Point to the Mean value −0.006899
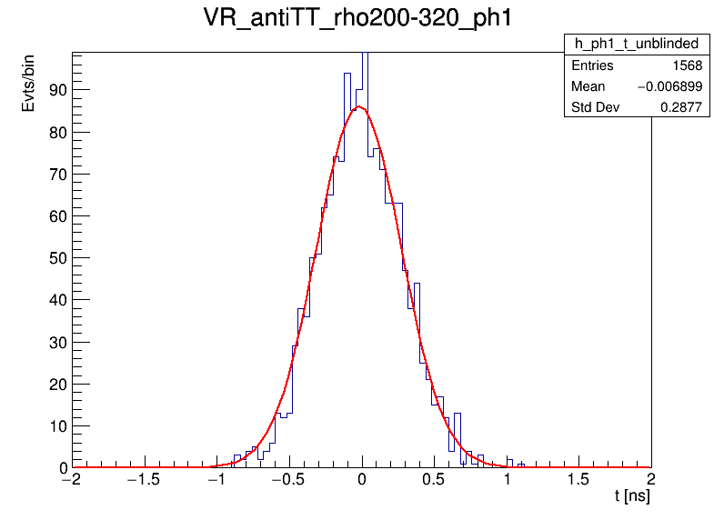[x=669, y=86]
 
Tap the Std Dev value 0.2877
[x=679, y=107]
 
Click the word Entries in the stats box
[x=592, y=65]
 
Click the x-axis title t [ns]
[x=632, y=497]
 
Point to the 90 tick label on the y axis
[x=56, y=90]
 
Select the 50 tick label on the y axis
[x=56, y=258]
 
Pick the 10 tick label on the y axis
[x=56, y=425]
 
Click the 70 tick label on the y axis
[x=56, y=174]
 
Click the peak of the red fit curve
[x=360, y=107]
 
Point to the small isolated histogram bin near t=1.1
[x=521, y=465]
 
